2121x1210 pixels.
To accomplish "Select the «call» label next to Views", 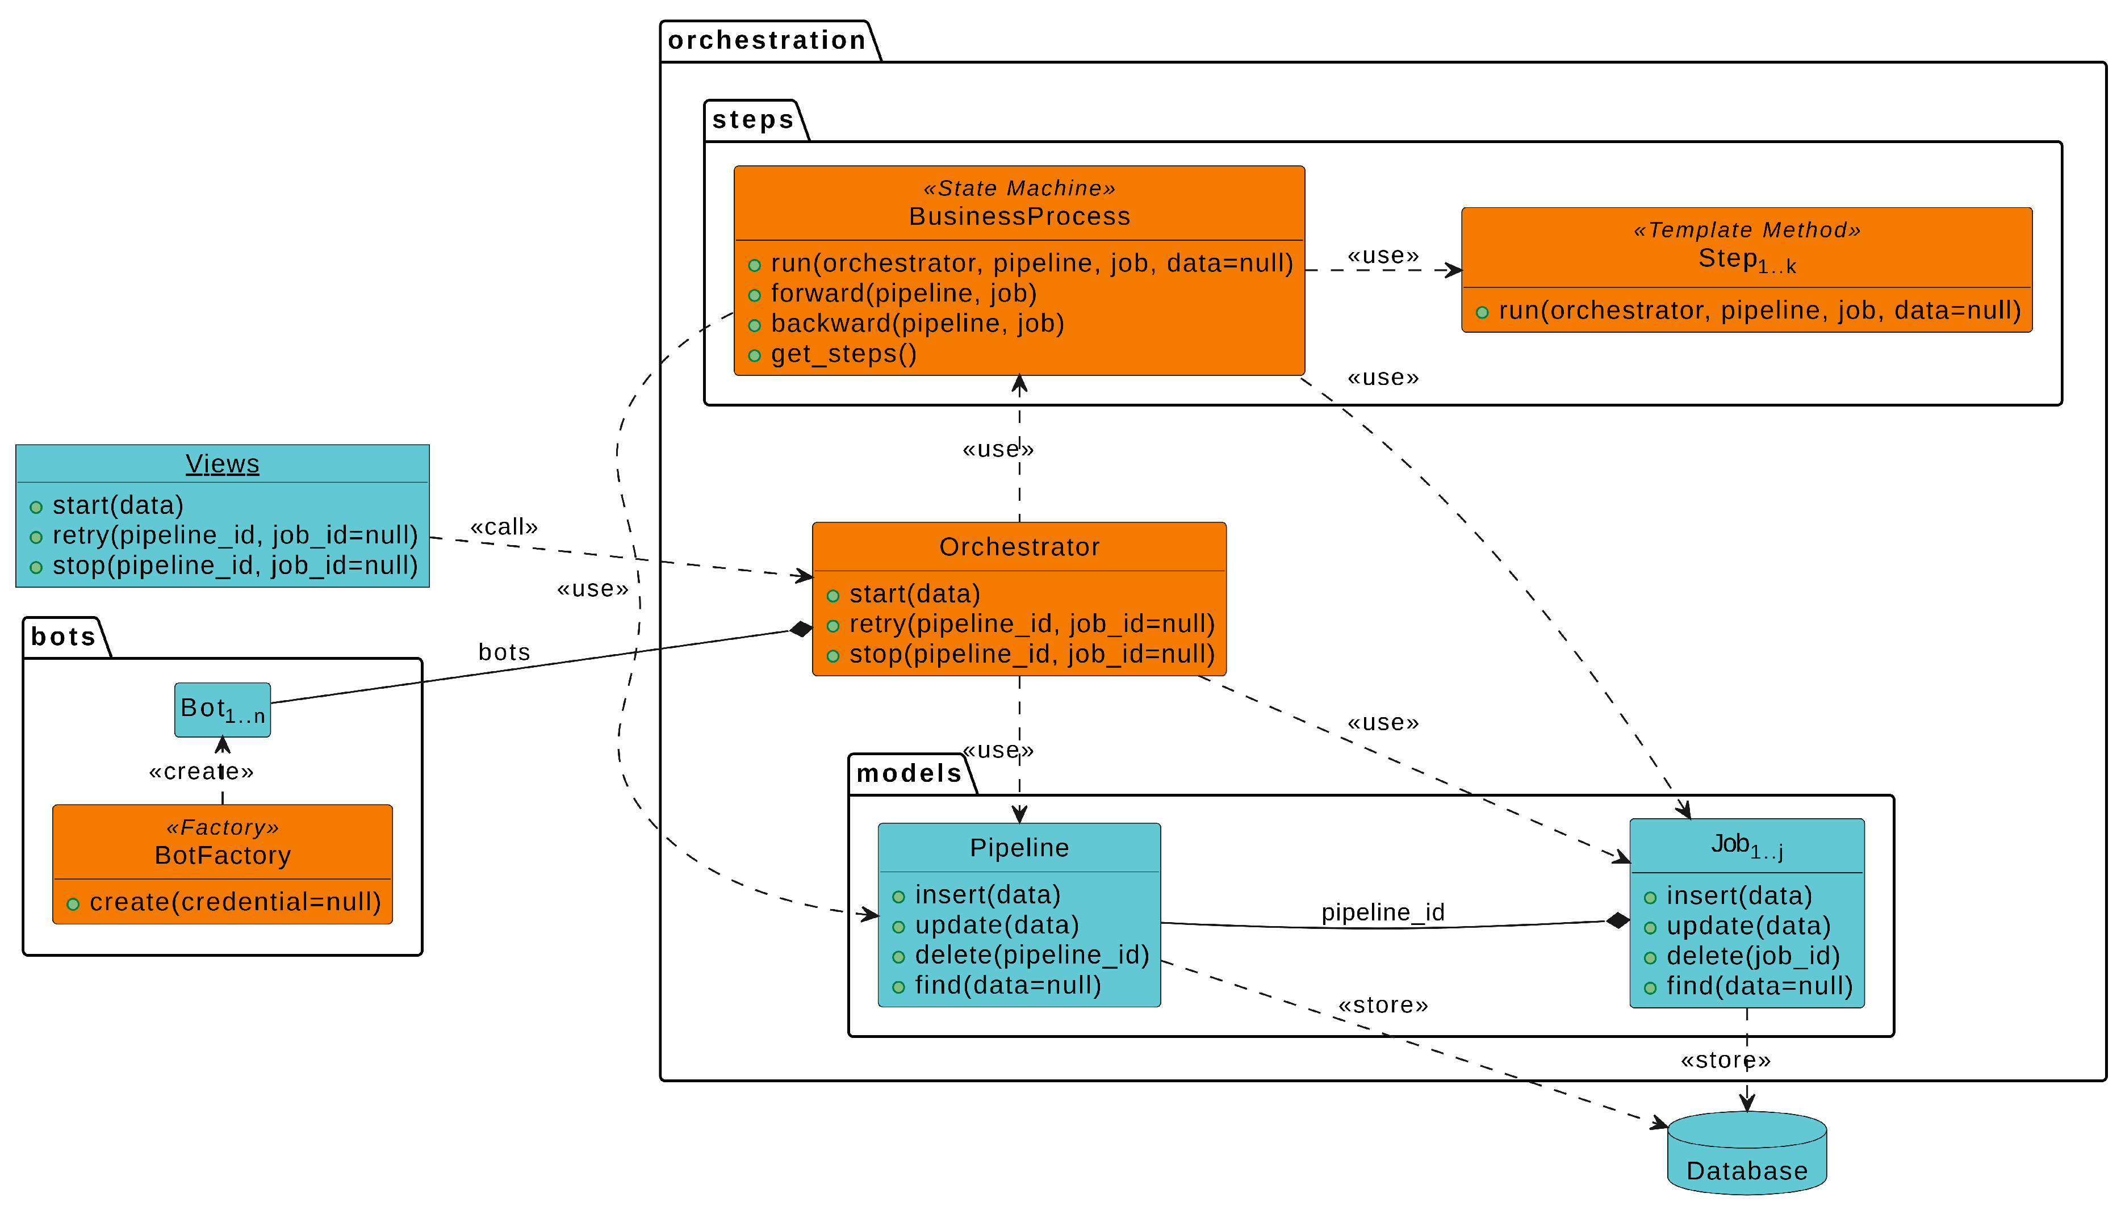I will [x=504, y=527].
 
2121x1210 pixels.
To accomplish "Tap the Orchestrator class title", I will [x=1019, y=547].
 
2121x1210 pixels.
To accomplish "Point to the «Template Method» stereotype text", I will [x=1746, y=229].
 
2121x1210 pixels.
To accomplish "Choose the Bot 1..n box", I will [x=222, y=709].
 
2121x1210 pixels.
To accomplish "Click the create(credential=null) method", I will [x=235, y=902].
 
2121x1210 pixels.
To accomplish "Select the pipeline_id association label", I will [x=1382, y=912].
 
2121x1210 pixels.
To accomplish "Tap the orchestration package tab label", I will [x=766, y=40].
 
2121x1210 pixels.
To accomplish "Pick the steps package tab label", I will [x=753, y=120].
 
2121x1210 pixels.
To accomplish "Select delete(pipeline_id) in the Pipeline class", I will [x=1031, y=955].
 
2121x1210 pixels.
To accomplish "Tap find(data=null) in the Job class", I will [x=1759, y=986].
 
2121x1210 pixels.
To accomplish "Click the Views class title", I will [x=222, y=464].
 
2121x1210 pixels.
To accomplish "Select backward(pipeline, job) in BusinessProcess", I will [x=917, y=323].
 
